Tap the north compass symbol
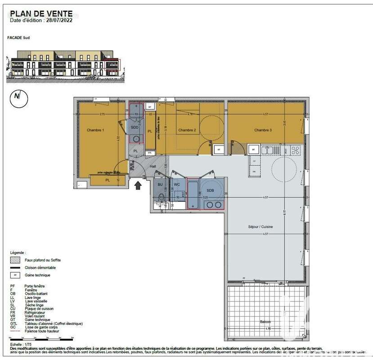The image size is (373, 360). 18,96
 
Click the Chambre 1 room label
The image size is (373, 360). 95,130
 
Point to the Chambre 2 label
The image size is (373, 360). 187,130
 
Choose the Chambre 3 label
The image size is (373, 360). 263,130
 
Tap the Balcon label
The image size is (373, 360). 266,322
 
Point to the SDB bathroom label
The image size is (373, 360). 211,190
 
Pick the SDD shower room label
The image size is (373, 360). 135,127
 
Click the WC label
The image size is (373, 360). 176,184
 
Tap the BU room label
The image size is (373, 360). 160,184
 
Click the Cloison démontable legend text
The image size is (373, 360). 40,267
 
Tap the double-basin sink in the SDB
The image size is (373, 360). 213,205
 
